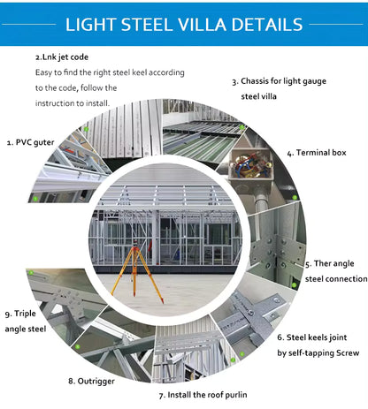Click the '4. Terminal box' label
coord(319,153)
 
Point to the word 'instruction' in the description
coord(58,102)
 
